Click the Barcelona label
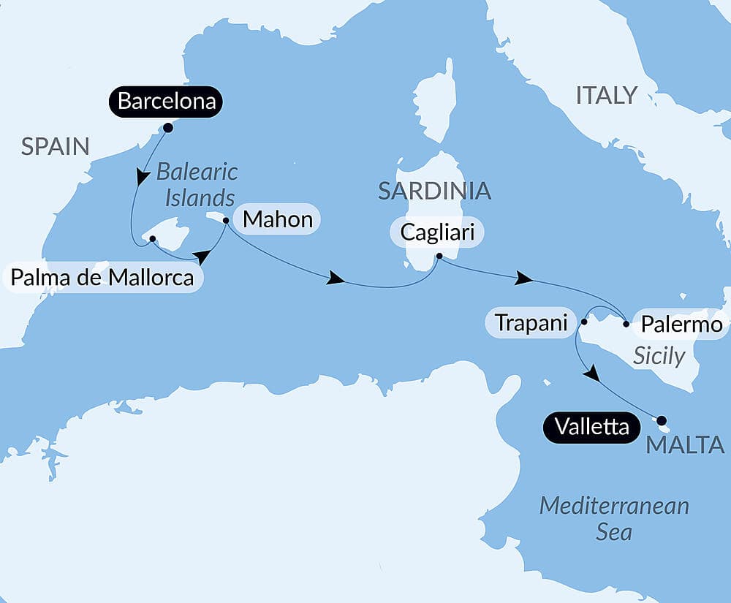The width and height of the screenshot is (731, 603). tap(167, 101)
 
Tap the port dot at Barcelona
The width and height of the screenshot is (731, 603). tap(167, 128)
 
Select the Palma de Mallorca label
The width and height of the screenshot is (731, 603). tap(102, 278)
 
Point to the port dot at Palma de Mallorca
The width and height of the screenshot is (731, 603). tap(152, 239)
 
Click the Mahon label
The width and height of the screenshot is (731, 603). tap(277, 219)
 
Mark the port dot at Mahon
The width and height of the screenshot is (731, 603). tap(226, 220)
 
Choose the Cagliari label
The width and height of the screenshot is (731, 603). tap(437, 232)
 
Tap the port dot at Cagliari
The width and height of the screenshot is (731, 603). tap(439, 257)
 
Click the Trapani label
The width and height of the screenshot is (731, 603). tap(531, 322)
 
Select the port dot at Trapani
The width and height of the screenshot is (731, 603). tap(584, 321)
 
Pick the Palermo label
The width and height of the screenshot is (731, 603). tap(681, 324)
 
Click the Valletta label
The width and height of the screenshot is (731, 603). tap(591, 427)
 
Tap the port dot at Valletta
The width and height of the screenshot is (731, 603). tap(662, 420)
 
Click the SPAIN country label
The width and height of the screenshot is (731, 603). tap(55, 147)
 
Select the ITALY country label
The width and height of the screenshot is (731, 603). tap(607, 95)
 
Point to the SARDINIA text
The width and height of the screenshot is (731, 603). tap(433, 191)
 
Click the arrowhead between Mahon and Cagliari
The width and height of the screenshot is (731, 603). tap(336, 278)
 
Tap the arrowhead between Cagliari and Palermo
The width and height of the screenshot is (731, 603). tap(523, 278)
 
